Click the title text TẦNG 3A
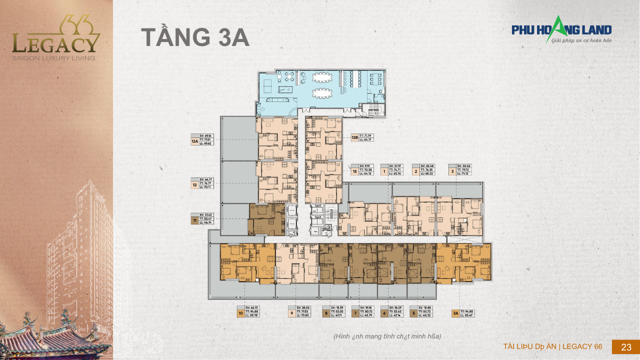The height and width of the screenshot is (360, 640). [195, 38]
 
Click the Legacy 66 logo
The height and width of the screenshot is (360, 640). [56, 39]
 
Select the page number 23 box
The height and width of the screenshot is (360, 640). [625, 347]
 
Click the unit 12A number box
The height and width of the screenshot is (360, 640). [194, 141]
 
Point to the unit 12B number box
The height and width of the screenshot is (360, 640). [354, 137]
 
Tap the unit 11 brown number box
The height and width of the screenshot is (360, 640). [194, 219]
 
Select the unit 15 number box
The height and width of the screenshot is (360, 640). [354, 172]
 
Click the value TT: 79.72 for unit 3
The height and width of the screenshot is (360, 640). [463, 169]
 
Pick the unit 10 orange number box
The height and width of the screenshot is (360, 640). [240, 313]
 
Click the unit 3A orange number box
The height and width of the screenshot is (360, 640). [455, 313]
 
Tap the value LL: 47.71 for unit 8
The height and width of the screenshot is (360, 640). [335, 315]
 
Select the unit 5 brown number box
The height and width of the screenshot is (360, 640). [413, 313]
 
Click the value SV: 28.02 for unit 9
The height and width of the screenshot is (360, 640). [303, 307]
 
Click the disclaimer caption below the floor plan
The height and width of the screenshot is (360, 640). [387, 336]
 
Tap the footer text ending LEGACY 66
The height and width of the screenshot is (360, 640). [552, 346]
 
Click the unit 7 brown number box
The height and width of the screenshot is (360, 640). [355, 313]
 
